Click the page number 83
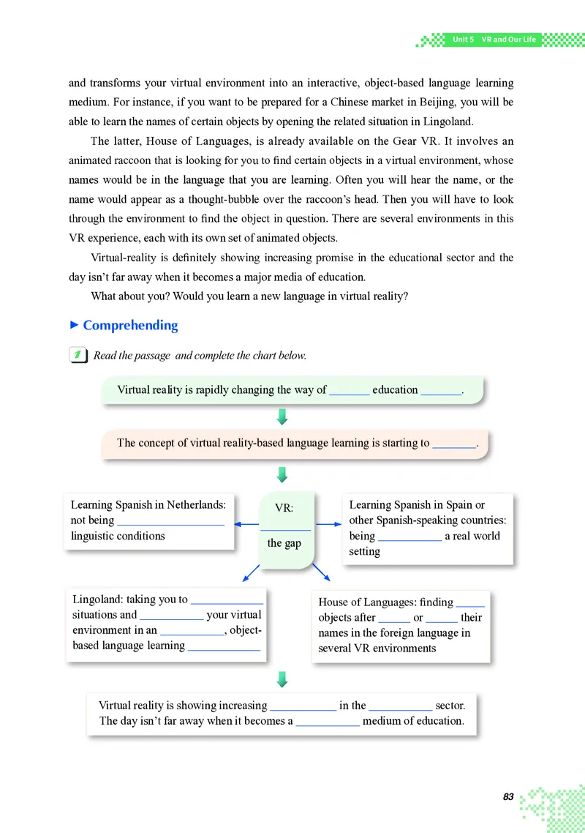tap(508, 796)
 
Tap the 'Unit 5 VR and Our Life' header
tap(494, 40)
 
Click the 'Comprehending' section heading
tap(130, 326)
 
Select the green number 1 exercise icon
tap(76, 355)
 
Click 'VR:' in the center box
tap(284, 508)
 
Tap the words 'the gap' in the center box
tap(284, 543)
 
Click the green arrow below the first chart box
tap(282, 416)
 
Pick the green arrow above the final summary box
tap(282, 679)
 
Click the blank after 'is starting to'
tap(454, 443)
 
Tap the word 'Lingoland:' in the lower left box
tap(97, 599)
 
